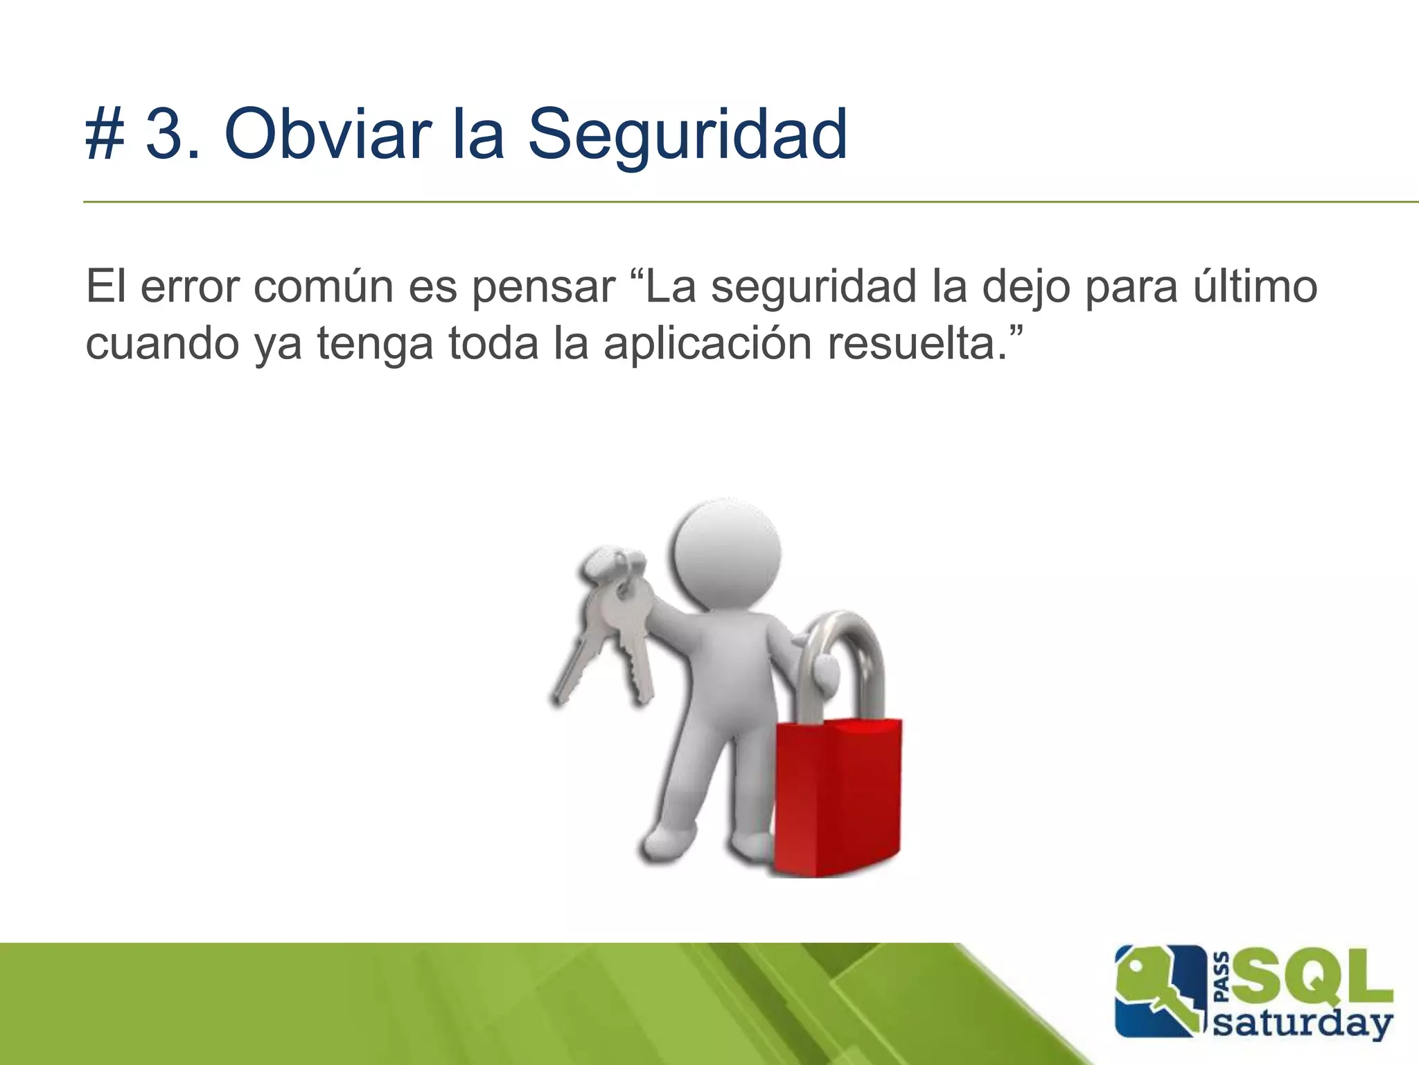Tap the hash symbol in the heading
click(105, 135)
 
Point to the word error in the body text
click(190, 286)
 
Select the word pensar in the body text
click(543, 288)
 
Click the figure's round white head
click(725, 555)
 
